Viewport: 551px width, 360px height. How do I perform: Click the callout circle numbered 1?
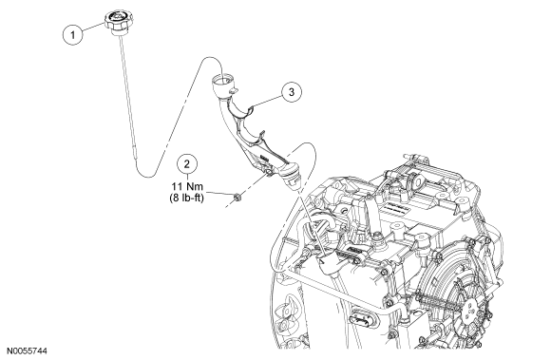73,35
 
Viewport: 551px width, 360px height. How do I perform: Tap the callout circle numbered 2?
187,164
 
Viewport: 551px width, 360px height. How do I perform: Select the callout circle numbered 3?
292,92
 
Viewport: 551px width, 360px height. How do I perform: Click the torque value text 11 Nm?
187,186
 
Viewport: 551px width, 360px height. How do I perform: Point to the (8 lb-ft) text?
186,198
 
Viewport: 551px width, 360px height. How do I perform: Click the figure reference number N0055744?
27,351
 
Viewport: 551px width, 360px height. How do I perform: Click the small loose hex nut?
237,198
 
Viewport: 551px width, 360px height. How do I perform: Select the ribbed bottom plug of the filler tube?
292,177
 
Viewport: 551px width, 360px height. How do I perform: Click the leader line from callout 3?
267,100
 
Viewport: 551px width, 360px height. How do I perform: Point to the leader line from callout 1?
93,28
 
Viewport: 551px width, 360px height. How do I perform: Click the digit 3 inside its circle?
292,92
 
